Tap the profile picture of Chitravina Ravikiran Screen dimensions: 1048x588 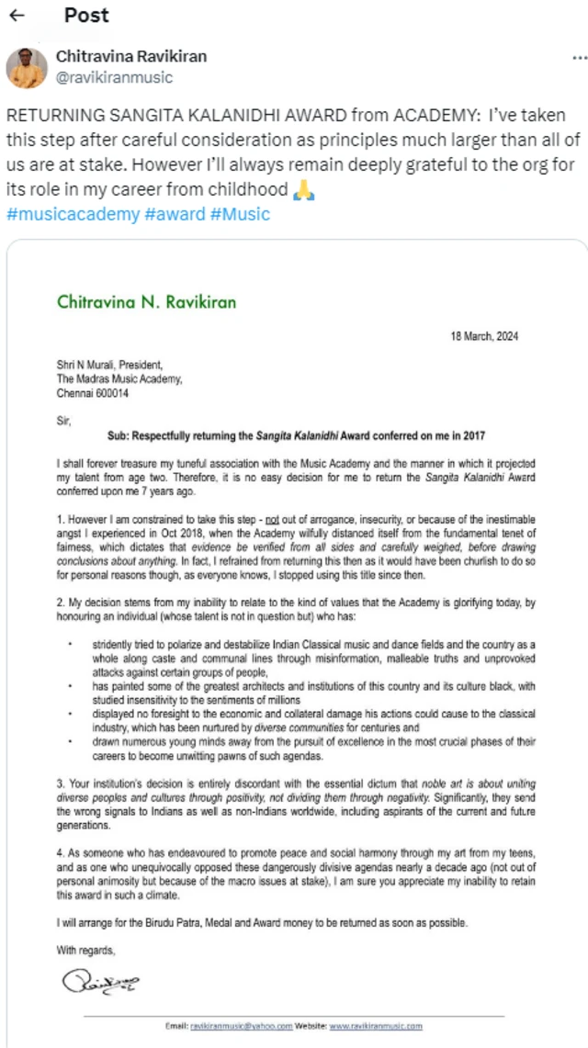click(27, 67)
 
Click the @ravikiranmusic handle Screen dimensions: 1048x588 click(115, 77)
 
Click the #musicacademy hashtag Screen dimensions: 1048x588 click(63, 215)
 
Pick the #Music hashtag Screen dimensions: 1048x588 click(240, 215)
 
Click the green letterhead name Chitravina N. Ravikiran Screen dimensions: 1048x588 click(146, 300)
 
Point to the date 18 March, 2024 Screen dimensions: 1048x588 click(484, 336)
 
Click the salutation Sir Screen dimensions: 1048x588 click(63, 420)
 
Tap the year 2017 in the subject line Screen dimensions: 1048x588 click(472, 435)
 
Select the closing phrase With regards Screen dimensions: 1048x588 click(87, 950)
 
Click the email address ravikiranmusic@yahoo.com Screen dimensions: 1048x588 click(242, 1025)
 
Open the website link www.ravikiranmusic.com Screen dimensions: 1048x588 click(376, 1025)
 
